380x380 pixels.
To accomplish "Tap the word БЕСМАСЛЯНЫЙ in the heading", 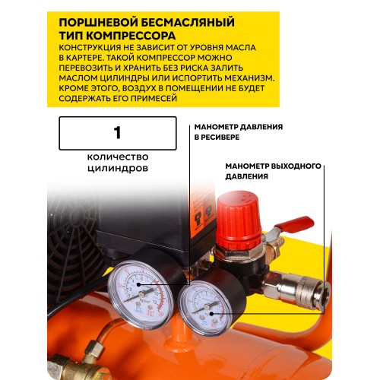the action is [x=188, y=22].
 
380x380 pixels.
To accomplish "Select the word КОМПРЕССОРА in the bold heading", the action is [x=131, y=36].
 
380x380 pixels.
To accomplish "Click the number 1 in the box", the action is [x=117, y=132].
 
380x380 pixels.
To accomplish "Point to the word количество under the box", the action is [x=118, y=157].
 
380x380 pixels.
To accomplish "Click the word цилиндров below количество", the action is [x=118, y=168].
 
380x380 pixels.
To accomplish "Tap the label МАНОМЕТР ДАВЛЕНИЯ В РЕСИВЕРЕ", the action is [x=239, y=131].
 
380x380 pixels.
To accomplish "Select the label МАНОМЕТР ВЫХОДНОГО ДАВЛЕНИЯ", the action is [x=274, y=171].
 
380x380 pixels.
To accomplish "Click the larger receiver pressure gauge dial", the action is [x=141, y=294].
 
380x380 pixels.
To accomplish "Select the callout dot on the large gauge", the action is [x=138, y=284].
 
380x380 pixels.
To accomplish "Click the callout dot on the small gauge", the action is [x=211, y=314].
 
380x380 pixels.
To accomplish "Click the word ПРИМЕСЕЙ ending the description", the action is [x=154, y=98].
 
